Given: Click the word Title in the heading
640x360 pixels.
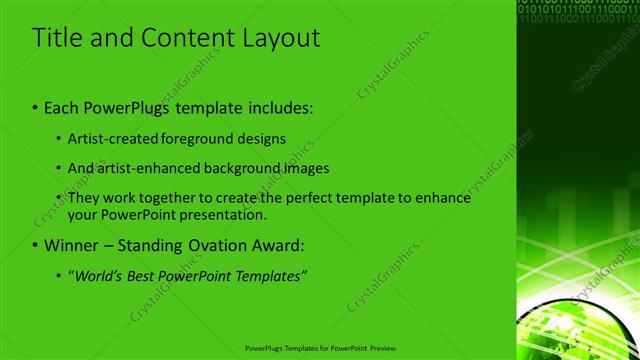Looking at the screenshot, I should click(58, 39).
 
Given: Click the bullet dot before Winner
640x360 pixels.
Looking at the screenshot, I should click(35, 245).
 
